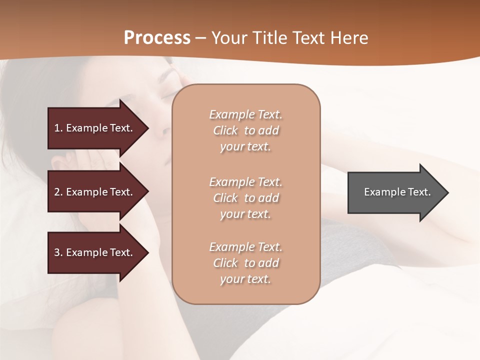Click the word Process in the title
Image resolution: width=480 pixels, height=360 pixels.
157,38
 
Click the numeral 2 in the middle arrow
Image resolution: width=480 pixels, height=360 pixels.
57,192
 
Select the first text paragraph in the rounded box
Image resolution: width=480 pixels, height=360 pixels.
245,130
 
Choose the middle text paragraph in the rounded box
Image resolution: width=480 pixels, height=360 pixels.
245,198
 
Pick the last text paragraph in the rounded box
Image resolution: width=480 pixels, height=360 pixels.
245,263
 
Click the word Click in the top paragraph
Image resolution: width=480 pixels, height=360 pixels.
225,130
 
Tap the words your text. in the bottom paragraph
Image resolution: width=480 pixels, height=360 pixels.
245,279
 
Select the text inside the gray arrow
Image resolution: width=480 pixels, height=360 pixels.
397,192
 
